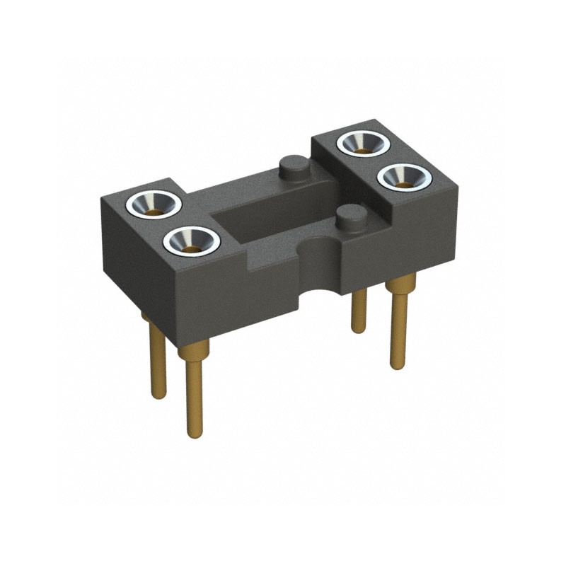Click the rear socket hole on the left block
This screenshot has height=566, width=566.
point(154,204)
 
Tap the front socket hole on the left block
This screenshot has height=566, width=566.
point(191,242)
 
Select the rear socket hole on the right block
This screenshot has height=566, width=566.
point(363,144)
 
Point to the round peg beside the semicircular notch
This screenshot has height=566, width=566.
point(350,216)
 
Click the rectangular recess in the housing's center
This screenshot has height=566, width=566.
point(269,212)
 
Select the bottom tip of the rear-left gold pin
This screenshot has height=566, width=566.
point(158,394)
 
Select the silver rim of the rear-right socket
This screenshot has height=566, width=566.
point(363,134)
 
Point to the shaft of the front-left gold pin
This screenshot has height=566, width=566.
point(192,396)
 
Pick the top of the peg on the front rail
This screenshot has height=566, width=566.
point(350,212)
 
